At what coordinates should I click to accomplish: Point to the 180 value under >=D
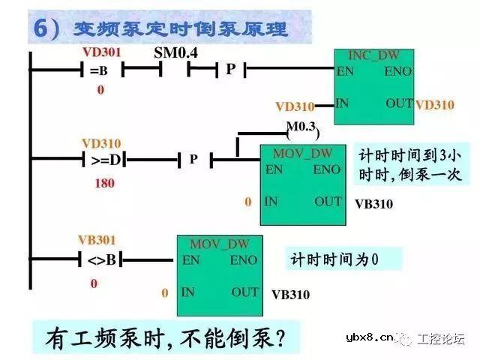coord(105,182)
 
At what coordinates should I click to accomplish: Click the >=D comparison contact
coord(105,159)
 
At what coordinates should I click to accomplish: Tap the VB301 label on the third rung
coord(97,241)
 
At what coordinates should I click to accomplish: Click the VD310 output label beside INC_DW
coord(435,105)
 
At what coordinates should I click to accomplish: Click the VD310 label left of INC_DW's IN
coord(295,106)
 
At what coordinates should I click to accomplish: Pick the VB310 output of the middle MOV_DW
coord(373,203)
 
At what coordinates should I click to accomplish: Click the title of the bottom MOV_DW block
coord(219,244)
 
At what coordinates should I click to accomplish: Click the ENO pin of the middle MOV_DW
coord(326,169)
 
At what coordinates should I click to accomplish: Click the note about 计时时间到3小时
coord(410,165)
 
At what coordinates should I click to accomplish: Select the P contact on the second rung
coord(193,159)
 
